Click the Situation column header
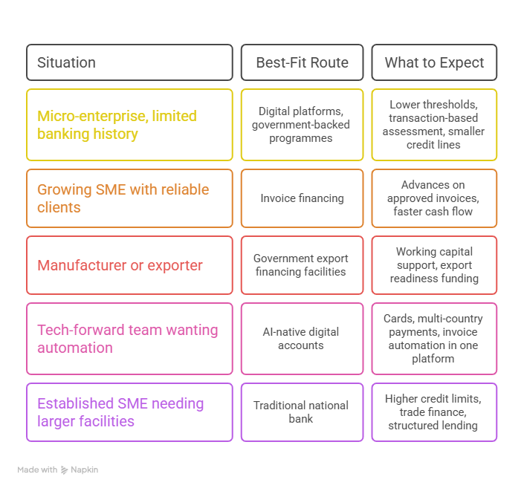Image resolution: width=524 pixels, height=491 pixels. click(x=129, y=62)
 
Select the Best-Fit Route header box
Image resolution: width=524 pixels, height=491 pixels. click(x=302, y=62)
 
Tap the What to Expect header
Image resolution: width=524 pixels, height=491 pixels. click(x=434, y=62)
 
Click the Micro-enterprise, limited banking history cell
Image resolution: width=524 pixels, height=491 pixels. click(x=129, y=125)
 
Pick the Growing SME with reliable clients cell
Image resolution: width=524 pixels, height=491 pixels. click(x=129, y=198)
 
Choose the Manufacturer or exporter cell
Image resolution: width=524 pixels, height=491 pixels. click(x=129, y=265)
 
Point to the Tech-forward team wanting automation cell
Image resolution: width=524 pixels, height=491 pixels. click(x=129, y=339)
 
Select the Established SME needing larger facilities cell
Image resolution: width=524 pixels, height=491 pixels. click(x=129, y=412)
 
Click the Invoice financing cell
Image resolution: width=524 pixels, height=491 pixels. click(x=302, y=198)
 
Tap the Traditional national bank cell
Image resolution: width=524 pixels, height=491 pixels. click(x=302, y=412)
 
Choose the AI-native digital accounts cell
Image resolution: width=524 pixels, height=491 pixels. click(x=302, y=339)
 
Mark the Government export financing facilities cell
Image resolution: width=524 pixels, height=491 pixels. click(x=302, y=265)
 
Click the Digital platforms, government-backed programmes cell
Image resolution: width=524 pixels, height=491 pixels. click(x=302, y=125)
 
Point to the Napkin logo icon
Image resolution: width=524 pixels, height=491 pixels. click(x=64, y=470)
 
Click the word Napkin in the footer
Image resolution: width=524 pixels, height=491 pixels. click(x=85, y=470)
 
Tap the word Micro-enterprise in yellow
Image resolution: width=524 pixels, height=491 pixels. click(x=93, y=116)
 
